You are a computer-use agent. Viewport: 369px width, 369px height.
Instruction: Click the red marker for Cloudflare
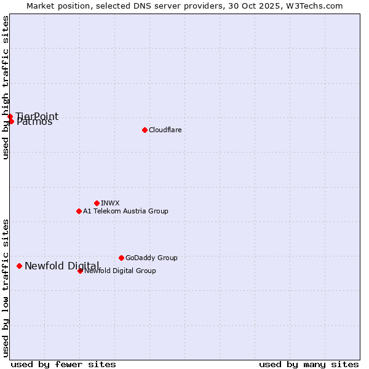pos(145,130)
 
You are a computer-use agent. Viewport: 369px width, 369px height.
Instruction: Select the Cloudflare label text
pos(165,130)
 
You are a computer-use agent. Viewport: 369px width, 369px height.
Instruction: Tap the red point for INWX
pos(97,203)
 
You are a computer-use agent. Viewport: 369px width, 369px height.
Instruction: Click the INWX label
pos(110,203)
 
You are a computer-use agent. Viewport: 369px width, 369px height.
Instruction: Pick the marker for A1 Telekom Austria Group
pos(79,211)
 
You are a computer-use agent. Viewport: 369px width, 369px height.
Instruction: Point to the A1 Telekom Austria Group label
pos(125,211)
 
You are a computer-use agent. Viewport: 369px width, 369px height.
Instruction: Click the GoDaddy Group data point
pos(121,258)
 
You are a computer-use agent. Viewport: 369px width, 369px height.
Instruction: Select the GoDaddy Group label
pos(151,258)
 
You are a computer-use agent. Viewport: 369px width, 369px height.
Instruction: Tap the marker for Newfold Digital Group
pos(80,271)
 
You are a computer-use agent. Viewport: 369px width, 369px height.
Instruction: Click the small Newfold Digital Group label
pos(120,271)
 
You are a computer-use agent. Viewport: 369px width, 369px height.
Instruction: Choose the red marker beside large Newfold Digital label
pos(19,266)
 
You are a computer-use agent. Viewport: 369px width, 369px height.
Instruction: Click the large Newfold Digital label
pos(61,266)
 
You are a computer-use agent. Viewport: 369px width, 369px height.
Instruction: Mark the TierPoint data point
pos(10,116)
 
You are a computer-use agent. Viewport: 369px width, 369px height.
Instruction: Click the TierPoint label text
pos(38,116)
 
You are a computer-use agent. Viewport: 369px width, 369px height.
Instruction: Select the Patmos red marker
pos(11,121)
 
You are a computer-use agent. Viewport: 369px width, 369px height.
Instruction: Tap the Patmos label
pos(34,122)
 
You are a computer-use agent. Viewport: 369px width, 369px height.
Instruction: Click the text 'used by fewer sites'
pos(63,364)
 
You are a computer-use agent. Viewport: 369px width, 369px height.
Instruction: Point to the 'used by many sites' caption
pos(309,364)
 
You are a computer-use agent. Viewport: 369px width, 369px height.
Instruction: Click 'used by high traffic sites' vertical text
pos(6,87)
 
